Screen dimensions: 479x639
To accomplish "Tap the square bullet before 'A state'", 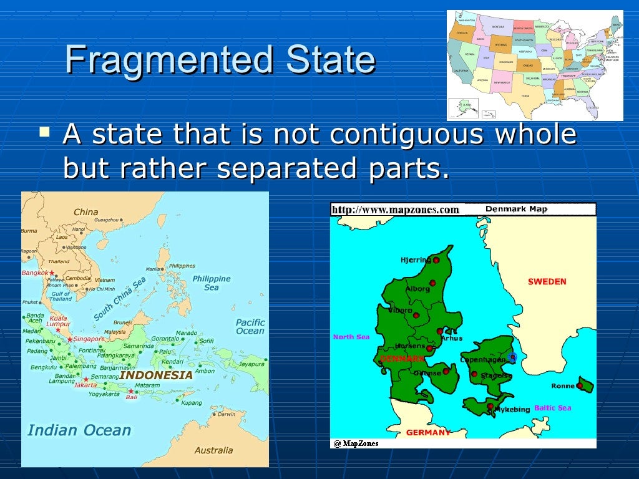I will coord(44,132).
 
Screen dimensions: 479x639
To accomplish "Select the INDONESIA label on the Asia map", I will coord(156,375).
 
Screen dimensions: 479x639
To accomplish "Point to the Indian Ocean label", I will coord(79,430).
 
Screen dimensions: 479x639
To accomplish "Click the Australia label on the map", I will coord(213,450).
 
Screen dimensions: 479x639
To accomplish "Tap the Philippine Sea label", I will coord(212,283).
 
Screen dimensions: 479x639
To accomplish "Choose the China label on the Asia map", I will coord(86,212).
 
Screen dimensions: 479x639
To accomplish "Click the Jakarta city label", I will coord(85,385).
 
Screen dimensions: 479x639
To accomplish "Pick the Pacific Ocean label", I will coord(250,327).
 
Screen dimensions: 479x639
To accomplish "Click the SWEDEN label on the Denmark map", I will coord(547,281).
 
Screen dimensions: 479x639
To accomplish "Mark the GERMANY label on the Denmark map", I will coord(428,432).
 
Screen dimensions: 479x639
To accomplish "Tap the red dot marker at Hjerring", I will coord(436,260).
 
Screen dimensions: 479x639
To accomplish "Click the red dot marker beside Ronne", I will coord(580,386).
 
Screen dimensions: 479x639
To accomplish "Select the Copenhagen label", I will coord(482,360).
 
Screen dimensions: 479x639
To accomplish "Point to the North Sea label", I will coord(351,337).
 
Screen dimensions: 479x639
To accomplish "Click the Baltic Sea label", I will coord(552,408).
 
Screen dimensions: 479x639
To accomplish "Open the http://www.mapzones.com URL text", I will coord(395,210).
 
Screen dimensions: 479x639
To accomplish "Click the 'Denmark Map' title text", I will coord(516,210).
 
